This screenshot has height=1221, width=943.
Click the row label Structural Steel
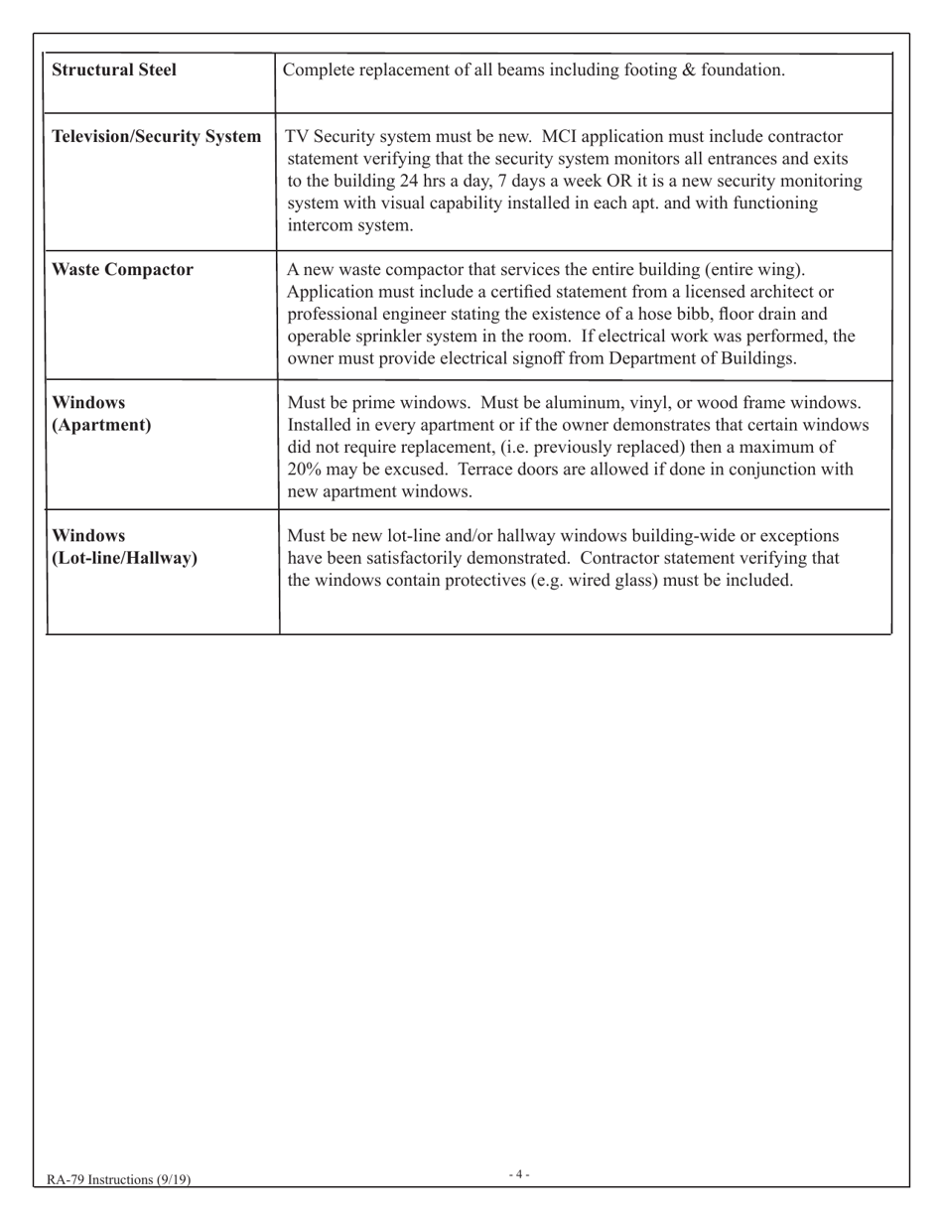pyautogui.click(x=114, y=70)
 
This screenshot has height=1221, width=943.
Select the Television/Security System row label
pyautogui.click(x=156, y=136)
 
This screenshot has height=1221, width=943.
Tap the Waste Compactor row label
pyautogui.click(x=122, y=270)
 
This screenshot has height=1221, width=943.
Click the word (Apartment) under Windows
pyautogui.click(x=101, y=426)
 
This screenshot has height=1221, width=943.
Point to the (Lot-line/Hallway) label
pyautogui.click(x=124, y=558)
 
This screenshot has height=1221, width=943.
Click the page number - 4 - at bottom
pyautogui.click(x=519, y=1175)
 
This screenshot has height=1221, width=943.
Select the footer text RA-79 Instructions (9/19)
pyautogui.click(x=118, y=1179)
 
